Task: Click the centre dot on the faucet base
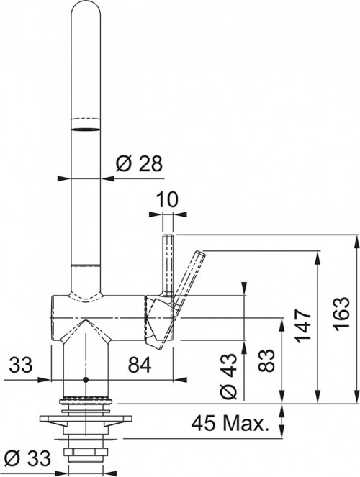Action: tap(85, 379)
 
